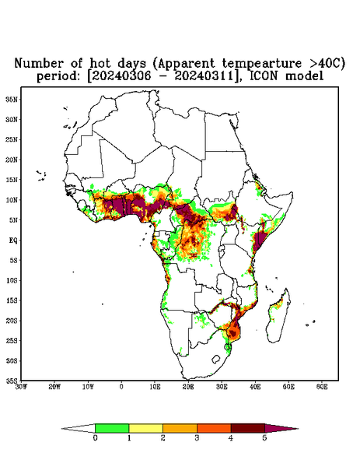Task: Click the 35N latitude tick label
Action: pos(12,99)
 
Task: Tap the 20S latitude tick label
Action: pos(12,321)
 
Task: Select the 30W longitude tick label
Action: pos(21,387)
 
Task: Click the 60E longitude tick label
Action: pos(322,387)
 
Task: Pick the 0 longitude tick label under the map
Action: pos(121,387)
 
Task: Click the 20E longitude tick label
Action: pos(188,387)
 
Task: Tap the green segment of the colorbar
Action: pos(112,428)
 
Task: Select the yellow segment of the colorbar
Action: pos(145,428)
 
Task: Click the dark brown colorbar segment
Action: pos(248,428)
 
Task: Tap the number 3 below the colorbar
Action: pos(197,438)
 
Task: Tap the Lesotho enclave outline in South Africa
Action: pos(215,359)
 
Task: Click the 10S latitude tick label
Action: pos(12,280)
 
